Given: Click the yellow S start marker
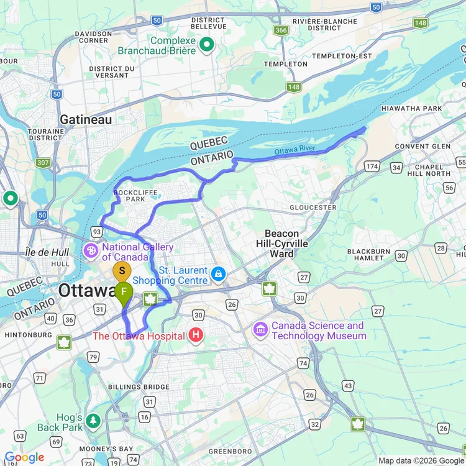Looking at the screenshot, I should (x=122, y=271).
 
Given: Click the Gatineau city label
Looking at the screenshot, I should (x=86, y=119).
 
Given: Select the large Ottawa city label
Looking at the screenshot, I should (x=87, y=291).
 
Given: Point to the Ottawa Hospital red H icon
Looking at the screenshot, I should (x=196, y=336).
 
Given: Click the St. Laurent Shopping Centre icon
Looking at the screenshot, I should (x=218, y=274).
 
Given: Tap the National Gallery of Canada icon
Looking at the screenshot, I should (x=91, y=251).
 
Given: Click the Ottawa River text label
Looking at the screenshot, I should (x=295, y=150).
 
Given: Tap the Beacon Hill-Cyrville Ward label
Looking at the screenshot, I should (x=282, y=244).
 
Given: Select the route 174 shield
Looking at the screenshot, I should (x=372, y=167).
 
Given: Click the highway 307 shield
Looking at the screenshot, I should (x=43, y=163).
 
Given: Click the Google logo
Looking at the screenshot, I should (x=25, y=458).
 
